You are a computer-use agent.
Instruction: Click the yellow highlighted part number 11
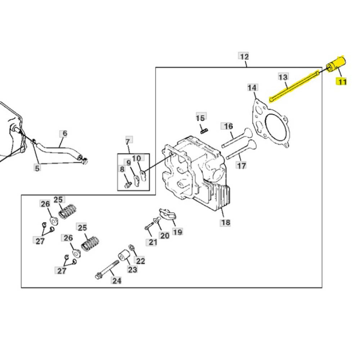pyautogui.click(x=342, y=82)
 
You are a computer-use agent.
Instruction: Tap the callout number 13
pyautogui.click(x=283, y=77)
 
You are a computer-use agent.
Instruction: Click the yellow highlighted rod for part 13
pyautogui.click(x=296, y=85)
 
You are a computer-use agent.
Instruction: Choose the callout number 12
pyautogui.click(x=244, y=56)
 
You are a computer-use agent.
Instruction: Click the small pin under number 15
pyautogui.click(x=204, y=130)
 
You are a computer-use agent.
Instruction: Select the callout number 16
pyautogui.click(x=228, y=126)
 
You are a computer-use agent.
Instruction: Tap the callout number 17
pyautogui.click(x=241, y=166)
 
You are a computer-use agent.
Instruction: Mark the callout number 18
pyautogui.click(x=225, y=223)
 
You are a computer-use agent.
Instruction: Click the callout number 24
pyautogui.click(x=117, y=280)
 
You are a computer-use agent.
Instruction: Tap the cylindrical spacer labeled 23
pyautogui.click(x=123, y=256)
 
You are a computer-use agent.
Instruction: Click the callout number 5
pyautogui.click(x=37, y=167)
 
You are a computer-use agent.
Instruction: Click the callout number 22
pyautogui.click(x=140, y=261)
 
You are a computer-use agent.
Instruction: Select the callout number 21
pyautogui.click(x=153, y=242)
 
